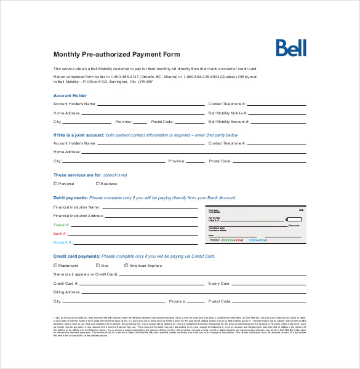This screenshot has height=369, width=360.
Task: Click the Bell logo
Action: [291, 48]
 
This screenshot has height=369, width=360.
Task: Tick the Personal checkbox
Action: [55, 184]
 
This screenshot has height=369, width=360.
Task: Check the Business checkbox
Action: [97, 184]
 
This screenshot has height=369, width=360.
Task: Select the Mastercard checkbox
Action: [55, 266]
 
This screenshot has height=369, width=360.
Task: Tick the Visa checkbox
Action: [97, 266]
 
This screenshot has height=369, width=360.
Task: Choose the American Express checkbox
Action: [127, 266]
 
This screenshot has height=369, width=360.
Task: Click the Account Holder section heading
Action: [70, 96]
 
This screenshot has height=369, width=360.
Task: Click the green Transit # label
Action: [62, 225]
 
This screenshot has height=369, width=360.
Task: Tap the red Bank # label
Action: [60, 234]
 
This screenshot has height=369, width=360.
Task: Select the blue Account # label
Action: [63, 242]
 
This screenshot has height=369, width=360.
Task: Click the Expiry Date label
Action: [219, 284]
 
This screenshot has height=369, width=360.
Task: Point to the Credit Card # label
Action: [66, 284]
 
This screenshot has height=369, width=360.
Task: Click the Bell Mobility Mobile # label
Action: [228, 113]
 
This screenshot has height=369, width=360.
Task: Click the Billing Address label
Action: [67, 292]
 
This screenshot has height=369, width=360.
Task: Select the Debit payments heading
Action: [71, 198]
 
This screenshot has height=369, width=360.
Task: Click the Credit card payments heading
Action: [76, 256]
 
